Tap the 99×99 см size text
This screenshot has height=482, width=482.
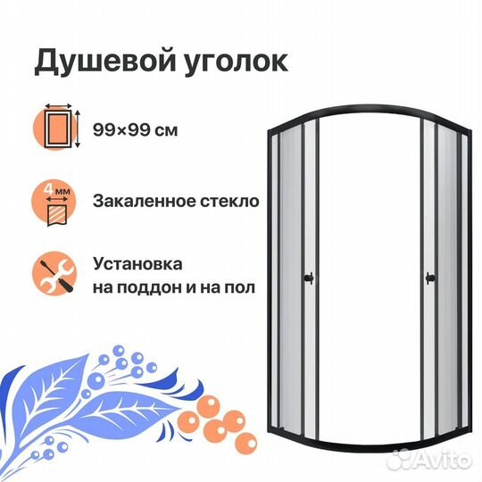click(136, 130)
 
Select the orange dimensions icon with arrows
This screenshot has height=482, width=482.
click(57, 127)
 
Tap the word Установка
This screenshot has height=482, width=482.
click(137, 264)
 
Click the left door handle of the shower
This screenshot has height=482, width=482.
click(309, 278)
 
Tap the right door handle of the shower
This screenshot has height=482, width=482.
click(430, 278)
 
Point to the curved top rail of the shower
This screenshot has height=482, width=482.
click(370, 108)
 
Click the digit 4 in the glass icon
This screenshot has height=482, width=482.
click(48, 189)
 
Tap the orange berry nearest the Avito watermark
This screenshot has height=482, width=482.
click(246, 444)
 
